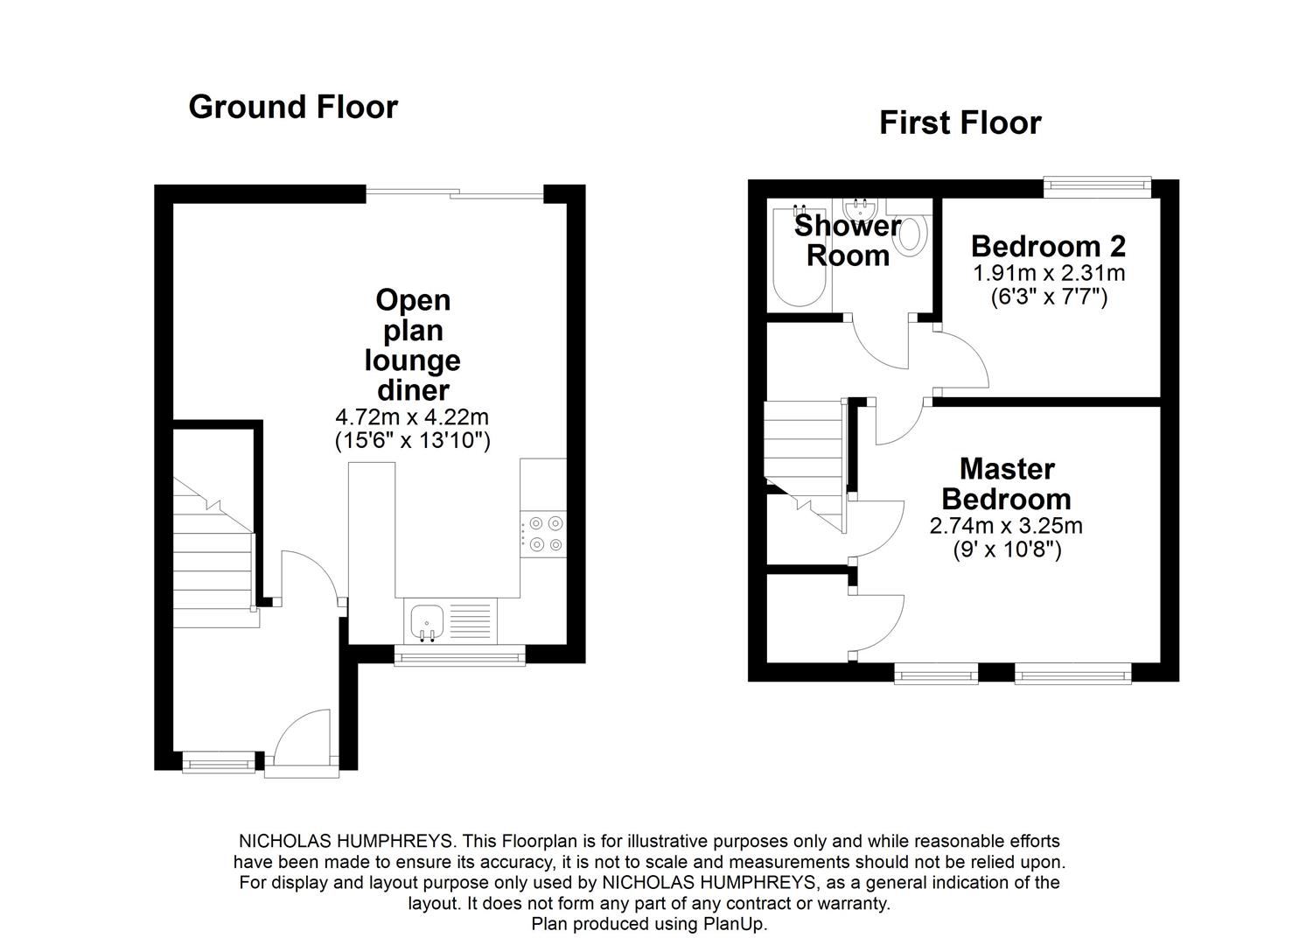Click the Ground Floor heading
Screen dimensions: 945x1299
pyautogui.click(x=293, y=107)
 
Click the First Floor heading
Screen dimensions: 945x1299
pyautogui.click(x=960, y=122)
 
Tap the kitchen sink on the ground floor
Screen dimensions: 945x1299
pyautogui.click(x=426, y=622)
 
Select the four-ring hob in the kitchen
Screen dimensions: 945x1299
pyautogui.click(x=543, y=533)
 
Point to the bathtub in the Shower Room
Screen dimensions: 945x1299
pyautogui.click(x=800, y=258)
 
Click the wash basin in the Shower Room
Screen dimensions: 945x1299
pyautogui.click(x=859, y=211)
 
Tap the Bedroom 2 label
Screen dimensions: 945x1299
pyautogui.click(x=1048, y=246)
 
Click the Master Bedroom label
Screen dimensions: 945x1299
pyautogui.click(x=1006, y=484)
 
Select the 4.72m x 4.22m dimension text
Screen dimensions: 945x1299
pyautogui.click(x=412, y=417)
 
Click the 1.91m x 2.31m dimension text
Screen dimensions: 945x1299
pyautogui.click(x=1049, y=273)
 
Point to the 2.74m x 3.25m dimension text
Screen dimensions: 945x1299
pyautogui.click(x=1006, y=526)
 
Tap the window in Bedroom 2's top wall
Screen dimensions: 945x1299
pyautogui.click(x=1098, y=183)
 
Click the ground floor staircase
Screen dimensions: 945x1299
pyautogui.click(x=213, y=560)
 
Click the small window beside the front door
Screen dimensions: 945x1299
pyautogui.click(x=219, y=763)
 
